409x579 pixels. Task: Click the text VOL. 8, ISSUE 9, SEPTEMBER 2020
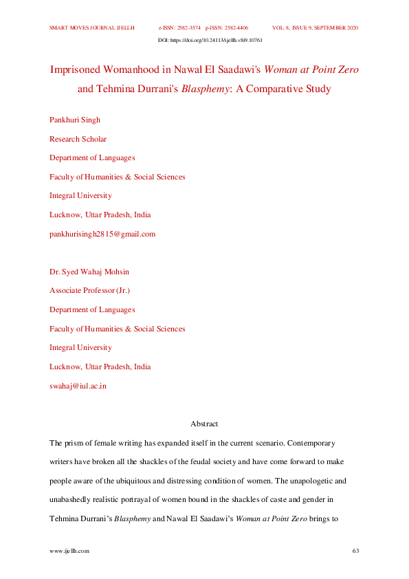[x=316, y=28]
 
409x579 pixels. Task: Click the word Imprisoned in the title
[x=80, y=70]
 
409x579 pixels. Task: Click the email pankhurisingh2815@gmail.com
[x=102, y=234]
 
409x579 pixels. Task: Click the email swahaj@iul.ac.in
[x=78, y=386]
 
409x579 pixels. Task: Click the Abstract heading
[x=204, y=424]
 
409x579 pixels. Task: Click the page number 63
[x=355, y=551]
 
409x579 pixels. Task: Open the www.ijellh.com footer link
[x=69, y=551]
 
